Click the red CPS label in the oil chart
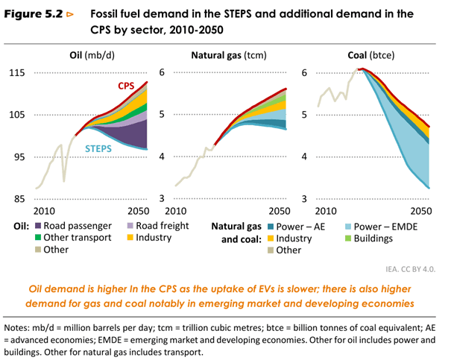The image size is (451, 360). pos(125,86)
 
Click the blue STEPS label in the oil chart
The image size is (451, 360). pos(101,149)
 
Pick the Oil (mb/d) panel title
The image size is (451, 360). pos(85,55)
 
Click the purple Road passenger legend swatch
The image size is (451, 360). pos(37,225)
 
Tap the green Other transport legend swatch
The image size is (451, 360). pos(37,238)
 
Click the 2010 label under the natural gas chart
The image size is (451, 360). pos(186,212)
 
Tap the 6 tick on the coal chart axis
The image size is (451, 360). pos(304,72)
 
